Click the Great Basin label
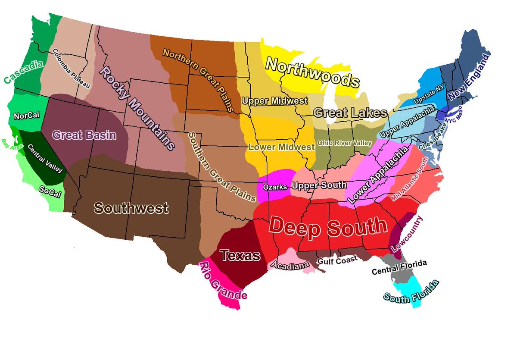[x=84, y=135]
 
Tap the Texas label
[x=240, y=255]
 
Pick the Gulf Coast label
[x=337, y=260]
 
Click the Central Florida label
[x=399, y=267]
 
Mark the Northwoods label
[x=312, y=72]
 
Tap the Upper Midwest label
[x=275, y=101]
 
